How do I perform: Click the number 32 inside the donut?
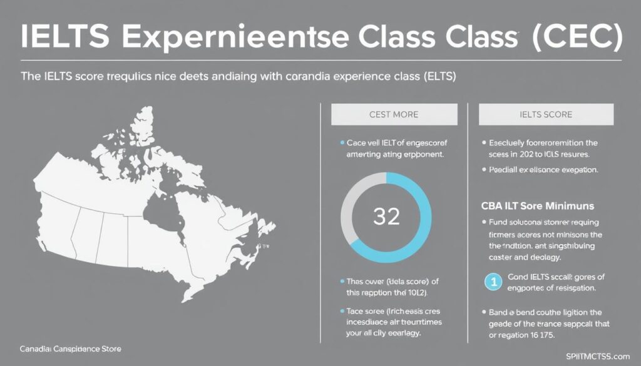click(x=386, y=216)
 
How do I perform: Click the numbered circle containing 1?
click(x=493, y=282)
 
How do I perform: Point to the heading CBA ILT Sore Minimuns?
click(x=538, y=206)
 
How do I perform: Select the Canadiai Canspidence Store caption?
click(x=71, y=348)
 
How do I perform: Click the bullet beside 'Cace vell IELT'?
click(x=341, y=143)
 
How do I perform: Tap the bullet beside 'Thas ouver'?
click(x=341, y=282)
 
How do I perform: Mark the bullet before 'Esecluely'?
click(x=485, y=142)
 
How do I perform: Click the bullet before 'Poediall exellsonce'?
click(x=485, y=170)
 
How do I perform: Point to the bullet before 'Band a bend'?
click(x=485, y=311)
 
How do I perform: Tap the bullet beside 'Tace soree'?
click(x=341, y=310)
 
